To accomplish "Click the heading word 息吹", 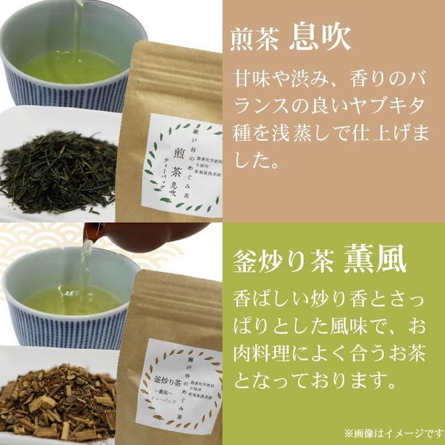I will pos(320,38).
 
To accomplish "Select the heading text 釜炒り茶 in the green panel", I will pos(282,261).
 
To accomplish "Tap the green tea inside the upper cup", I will pos(74,67).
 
